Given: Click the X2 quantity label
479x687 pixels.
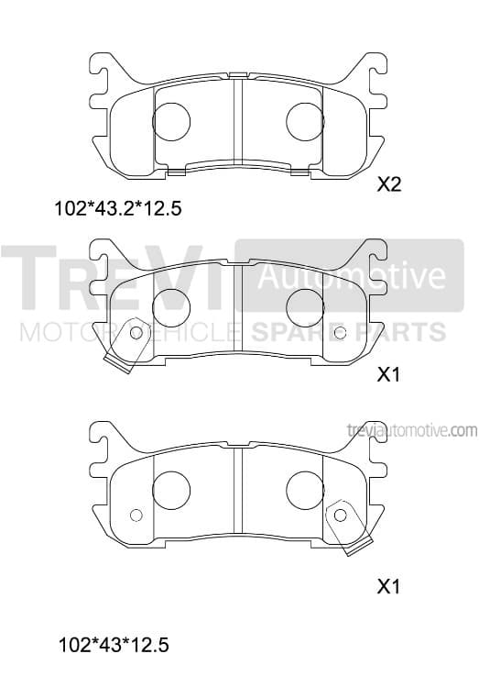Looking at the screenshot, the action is pos(389,184).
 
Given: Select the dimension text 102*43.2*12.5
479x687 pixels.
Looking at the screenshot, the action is pos(117,208).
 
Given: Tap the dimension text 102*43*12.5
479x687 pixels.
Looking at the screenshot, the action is pos(114,646).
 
